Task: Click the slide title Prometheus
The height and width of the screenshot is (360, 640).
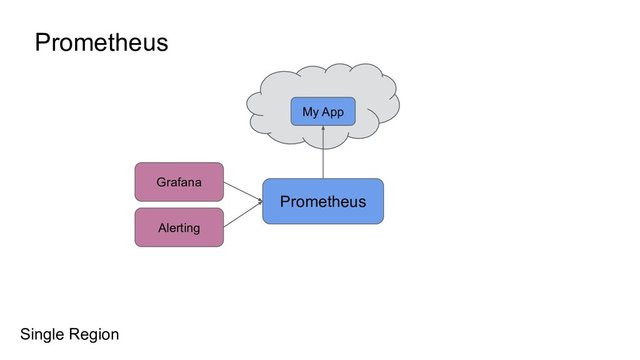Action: [x=101, y=42]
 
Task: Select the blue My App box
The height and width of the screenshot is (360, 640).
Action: [x=323, y=111]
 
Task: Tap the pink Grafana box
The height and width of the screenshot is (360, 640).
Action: [x=179, y=182]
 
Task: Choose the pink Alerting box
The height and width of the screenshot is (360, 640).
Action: [x=179, y=227]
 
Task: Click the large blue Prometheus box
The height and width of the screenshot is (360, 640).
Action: [x=322, y=201]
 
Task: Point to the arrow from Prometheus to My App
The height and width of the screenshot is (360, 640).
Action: [x=323, y=153]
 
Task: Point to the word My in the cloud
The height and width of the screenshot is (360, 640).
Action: [x=311, y=112]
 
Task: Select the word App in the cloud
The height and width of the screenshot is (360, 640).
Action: [x=332, y=112]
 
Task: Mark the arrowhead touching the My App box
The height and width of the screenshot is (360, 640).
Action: [x=323, y=129]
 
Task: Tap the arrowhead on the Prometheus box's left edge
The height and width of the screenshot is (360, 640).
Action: [x=259, y=201]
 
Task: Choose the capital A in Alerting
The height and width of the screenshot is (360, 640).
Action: [x=162, y=227]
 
